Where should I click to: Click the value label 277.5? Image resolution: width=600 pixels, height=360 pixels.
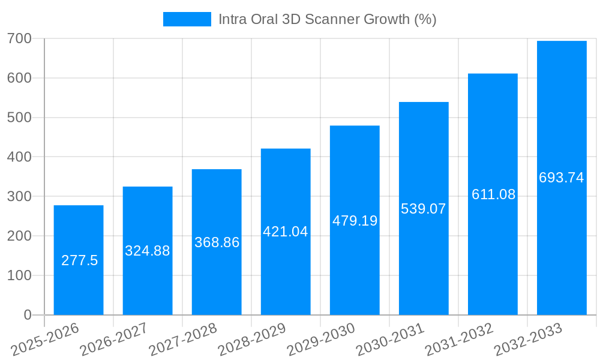(80, 260)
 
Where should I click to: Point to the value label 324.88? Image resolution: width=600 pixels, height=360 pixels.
(148, 251)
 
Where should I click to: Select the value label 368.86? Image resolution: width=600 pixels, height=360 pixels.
(217, 242)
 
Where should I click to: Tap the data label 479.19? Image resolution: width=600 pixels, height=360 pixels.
(355, 221)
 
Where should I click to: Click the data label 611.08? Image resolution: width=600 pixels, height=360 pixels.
(493, 194)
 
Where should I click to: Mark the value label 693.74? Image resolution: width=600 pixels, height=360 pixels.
(562, 178)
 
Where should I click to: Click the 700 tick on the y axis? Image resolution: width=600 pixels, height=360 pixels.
(20, 39)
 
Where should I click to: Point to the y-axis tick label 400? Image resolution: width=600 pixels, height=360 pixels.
(20, 157)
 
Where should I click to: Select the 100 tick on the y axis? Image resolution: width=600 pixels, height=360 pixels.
(20, 275)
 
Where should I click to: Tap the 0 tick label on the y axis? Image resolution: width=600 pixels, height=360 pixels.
(28, 315)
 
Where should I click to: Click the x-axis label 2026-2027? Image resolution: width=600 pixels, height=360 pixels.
(114, 340)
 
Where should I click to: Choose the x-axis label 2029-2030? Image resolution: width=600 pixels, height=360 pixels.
(321, 340)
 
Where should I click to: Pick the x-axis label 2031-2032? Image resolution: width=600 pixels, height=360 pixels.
(459, 340)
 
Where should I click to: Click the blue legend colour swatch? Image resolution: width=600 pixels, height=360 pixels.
(187, 19)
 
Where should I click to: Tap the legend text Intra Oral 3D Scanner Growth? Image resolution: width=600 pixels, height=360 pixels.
(327, 19)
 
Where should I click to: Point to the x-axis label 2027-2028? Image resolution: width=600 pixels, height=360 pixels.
(183, 340)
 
